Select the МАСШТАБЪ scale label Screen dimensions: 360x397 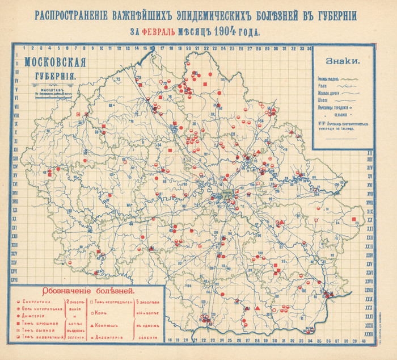(x=51, y=85)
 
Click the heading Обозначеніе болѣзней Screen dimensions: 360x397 (x=85, y=290)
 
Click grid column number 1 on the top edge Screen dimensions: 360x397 (x=24, y=48)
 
